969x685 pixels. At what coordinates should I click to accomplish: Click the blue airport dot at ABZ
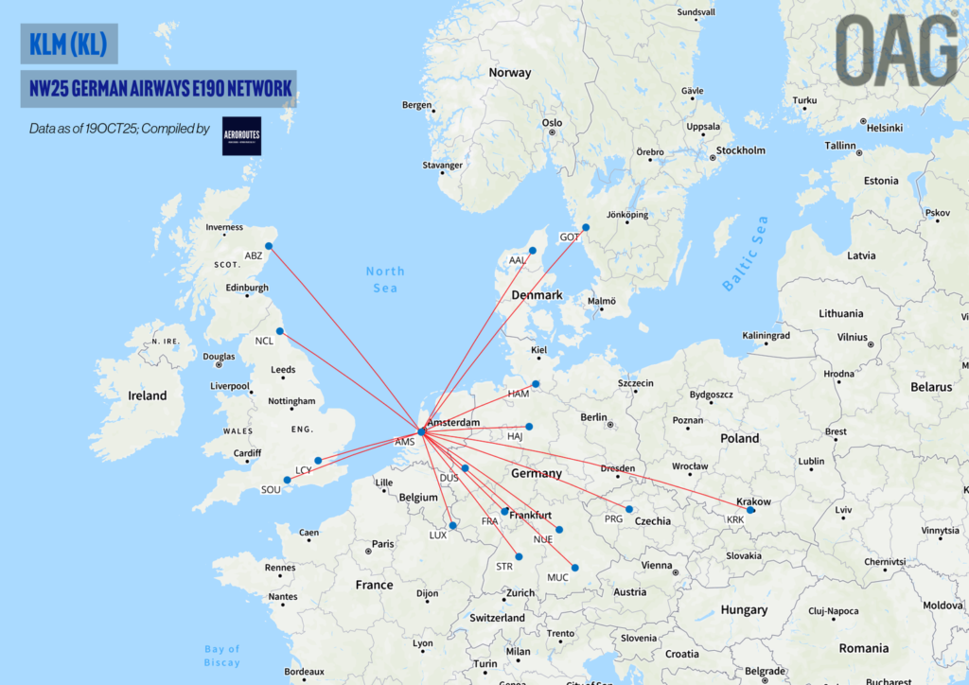(269, 247)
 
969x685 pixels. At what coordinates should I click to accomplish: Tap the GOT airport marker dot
(586, 227)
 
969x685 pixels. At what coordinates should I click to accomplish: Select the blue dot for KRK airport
(750, 510)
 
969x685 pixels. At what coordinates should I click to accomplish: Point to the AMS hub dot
(422, 431)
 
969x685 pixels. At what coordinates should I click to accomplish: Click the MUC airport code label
(557, 577)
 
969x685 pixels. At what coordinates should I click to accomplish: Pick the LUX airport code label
(437, 535)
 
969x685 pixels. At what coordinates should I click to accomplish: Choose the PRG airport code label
(614, 518)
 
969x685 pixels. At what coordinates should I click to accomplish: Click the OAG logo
(896, 51)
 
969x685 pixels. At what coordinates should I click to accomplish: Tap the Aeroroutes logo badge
(241, 136)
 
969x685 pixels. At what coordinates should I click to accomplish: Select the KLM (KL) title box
(68, 44)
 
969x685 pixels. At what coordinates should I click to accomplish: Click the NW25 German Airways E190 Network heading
(159, 89)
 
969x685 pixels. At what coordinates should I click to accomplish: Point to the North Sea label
(385, 279)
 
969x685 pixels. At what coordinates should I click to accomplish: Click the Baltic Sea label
(746, 254)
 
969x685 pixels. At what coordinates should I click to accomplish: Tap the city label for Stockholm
(741, 150)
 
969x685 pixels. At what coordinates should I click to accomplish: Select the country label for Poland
(740, 438)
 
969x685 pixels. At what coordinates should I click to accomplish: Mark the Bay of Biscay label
(222, 655)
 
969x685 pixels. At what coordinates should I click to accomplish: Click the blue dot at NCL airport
(279, 331)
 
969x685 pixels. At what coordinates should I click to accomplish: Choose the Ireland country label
(147, 395)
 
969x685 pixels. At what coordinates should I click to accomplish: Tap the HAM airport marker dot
(536, 384)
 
